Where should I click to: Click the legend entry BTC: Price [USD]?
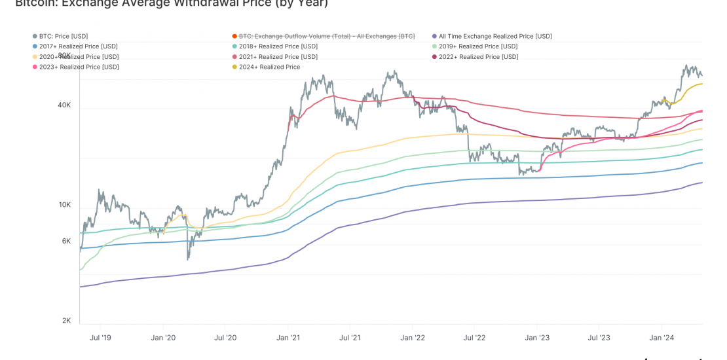[x=64, y=36]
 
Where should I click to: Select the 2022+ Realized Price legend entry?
[x=478, y=57]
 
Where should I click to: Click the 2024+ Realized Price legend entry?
[x=269, y=67]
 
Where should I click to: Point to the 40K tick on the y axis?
[x=64, y=105]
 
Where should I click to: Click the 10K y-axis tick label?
[x=64, y=205]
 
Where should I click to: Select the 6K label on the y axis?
[x=66, y=241]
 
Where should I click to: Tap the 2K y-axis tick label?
[x=66, y=321]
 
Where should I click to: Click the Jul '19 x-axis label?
[x=100, y=338]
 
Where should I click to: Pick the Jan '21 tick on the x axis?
[x=288, y=338]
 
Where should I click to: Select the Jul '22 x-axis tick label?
[x=474, y=338]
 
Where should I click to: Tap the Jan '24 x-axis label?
[x=661, y=338]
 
